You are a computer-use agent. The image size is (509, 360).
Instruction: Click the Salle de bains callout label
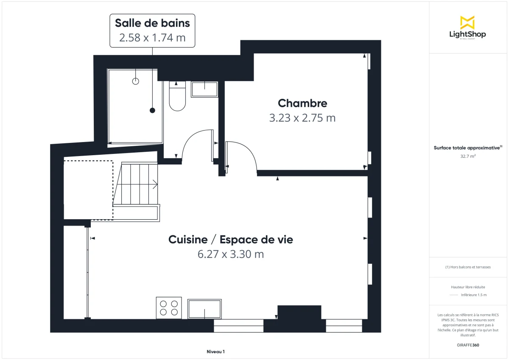pyautogui.click(x=152, y=30)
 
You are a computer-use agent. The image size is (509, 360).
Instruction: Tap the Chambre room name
pyautogui.click(x=302, y=103)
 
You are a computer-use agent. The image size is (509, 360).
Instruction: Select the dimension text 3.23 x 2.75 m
pyautogui.click(x=302, y=118)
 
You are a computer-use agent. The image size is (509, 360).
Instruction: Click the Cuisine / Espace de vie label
pyautogui.click(x=231, y=240)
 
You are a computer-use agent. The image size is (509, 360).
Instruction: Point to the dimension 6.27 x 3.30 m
pyautogui.click(x=231, y=254)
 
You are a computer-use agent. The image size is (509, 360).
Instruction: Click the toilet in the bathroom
pyautogui.click(x=177, y=97)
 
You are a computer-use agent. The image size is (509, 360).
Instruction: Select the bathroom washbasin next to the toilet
pyautogui.click(x=204, y=89)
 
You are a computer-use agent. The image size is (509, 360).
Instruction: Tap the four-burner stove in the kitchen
pyautogui.click(x=169, y=308)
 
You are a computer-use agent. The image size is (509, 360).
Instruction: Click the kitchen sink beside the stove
pyautogui.click(x=205, y=308)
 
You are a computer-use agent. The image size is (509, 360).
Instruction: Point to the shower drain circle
pyautogui.click(x=136, y=81)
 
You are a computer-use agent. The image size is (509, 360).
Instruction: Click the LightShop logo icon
pyautogui.click(x=467, y=22)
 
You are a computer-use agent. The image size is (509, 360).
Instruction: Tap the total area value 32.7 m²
pyautogui.click(x=467, y=156)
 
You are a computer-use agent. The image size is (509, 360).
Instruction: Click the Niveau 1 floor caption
pyautogui.click(x=215, y=352)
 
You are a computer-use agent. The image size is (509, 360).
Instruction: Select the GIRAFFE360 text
pyautogui.click(x=467, y=345)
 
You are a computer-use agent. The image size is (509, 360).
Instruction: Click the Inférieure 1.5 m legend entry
pyautogui.click(x=473, y=295)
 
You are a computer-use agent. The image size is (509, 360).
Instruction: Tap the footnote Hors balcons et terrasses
pyautogui.click(x=468, y=267)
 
